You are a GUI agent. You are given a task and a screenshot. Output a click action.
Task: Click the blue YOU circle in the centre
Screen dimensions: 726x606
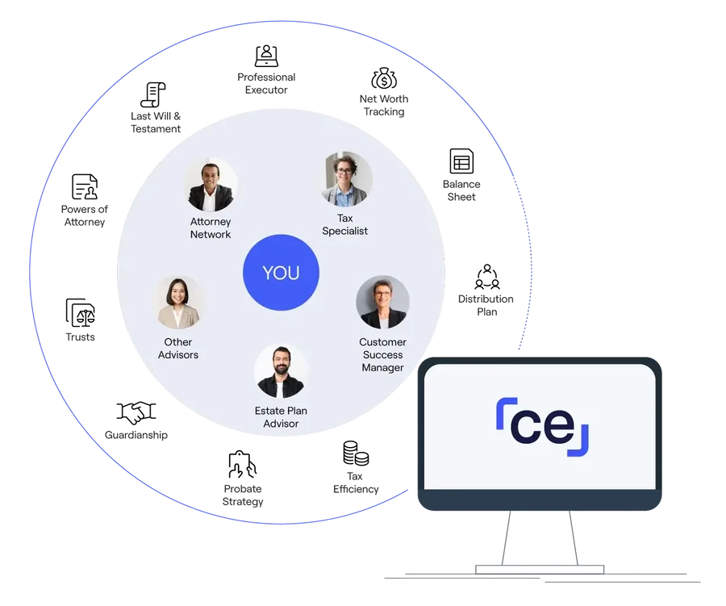point(281,273)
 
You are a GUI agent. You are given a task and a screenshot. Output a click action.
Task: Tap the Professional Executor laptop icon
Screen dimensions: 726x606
point(266,56)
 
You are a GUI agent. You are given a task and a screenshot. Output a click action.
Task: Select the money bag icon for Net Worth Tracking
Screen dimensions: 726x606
point(384,78)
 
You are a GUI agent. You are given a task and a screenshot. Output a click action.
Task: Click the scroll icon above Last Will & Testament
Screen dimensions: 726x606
point(153,94)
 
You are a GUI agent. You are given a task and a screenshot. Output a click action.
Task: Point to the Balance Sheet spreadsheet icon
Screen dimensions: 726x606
point(461,161)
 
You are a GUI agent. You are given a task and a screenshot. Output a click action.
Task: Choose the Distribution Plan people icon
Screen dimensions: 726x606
point(487,277)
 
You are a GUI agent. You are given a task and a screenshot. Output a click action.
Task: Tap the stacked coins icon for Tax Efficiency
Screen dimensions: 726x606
point(356,453)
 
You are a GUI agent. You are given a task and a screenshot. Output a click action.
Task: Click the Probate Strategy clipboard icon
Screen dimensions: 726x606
point(242,464)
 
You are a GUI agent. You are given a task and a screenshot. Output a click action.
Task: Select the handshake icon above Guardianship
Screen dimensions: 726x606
point(136,412)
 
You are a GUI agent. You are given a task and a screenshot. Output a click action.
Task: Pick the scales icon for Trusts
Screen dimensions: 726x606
point(80,313)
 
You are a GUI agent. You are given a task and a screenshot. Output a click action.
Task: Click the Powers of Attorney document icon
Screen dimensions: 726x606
point(85,186)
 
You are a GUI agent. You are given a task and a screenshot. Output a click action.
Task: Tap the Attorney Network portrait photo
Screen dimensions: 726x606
point(211,185)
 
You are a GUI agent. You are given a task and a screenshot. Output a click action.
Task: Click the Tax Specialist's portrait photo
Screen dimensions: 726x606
point(346,179)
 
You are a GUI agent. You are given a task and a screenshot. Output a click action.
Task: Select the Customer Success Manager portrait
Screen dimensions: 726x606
point(382,302)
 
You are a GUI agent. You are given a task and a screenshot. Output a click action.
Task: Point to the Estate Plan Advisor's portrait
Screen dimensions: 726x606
point(281,371)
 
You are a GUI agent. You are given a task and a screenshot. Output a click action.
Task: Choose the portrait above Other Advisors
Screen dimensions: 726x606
point(178,303)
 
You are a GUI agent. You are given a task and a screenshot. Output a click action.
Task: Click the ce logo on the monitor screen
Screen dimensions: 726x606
point(542,427)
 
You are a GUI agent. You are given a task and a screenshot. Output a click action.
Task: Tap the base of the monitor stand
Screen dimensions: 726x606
point(540,570)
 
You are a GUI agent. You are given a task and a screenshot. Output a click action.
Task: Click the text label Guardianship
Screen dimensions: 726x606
point(136,435)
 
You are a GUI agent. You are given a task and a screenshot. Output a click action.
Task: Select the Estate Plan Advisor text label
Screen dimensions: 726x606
point(281,417)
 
